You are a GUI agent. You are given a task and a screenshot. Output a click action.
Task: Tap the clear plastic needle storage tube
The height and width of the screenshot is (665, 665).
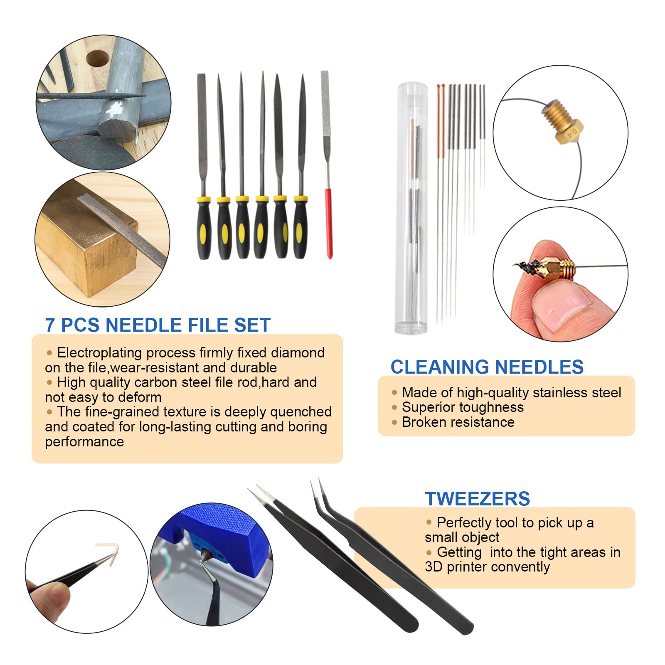pyautogui.click(x=411, y=208)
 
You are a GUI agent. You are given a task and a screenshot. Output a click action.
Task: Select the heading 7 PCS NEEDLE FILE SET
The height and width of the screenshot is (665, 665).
pyautogui.click(x=158, y=325)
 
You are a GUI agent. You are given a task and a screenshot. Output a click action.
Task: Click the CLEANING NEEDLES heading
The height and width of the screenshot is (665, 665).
pyautogui.click(x=487, y=367)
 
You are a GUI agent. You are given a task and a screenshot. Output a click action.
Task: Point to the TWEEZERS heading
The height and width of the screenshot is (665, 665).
pyautogui.click(x=478, y=499)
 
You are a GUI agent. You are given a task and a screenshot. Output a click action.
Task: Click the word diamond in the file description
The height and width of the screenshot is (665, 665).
pyautogui.click(x=298, y=352)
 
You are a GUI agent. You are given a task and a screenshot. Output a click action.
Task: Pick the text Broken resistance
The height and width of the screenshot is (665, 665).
pyautogui.click(x=458, y=422)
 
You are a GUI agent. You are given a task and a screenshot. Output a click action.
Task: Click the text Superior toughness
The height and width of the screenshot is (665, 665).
pyautogui.click(x=463, y=407)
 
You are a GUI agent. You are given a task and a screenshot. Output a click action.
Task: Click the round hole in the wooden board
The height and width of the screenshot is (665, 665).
pyautogui.click(x=98, y=59)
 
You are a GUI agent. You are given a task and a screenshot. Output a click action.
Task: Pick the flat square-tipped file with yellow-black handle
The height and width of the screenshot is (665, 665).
pyautogui.click(x=202, y=166)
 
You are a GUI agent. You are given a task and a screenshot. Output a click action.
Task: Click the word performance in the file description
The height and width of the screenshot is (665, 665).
pyautogui.click(x=84, y=442)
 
